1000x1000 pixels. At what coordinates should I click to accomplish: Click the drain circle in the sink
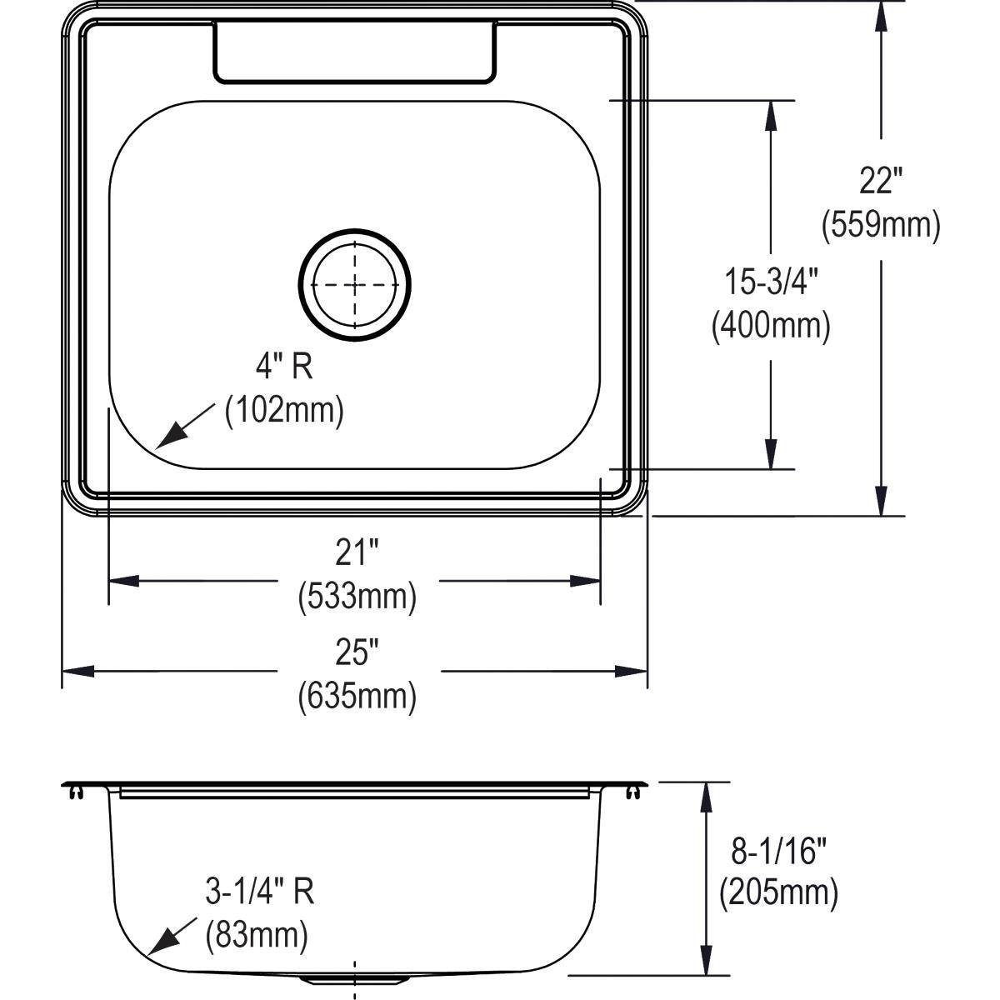click(355, 285)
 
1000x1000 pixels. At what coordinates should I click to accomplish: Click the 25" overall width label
click(357, 652)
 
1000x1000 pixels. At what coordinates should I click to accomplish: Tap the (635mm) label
click(357, 695)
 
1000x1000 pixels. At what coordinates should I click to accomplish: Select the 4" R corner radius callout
click(283, 367)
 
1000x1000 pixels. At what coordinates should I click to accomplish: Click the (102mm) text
click(284, 411)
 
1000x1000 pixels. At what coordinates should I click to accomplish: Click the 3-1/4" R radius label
click(260, 893)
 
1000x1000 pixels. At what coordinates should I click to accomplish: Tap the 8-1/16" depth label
click(778, 851)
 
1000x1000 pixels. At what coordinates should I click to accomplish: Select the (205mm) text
click(778, 892)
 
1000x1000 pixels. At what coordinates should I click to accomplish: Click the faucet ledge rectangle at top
click(355, 52)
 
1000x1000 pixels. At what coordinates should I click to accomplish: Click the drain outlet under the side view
click(355, 978)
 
